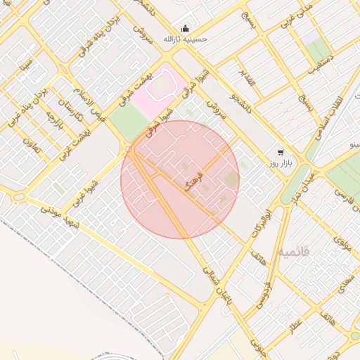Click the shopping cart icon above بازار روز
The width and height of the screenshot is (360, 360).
pos(281,152)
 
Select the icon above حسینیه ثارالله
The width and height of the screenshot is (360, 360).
pos(184,28)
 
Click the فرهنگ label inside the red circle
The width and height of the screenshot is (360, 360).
pos(193,181)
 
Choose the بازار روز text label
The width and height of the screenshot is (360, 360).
pos(279,164)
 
